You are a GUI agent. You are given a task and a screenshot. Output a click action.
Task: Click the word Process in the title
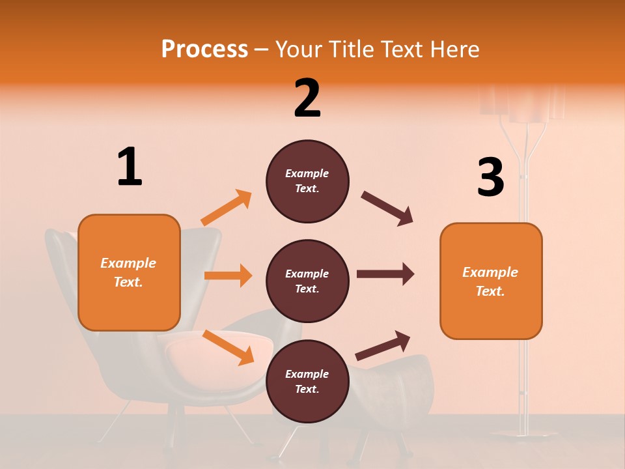pyautogui.click(x=204, y=50)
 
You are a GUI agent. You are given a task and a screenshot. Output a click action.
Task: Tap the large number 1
pyautogui.click(x=130, y=167)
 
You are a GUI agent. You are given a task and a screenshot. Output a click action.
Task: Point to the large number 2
pyautogui.click(x=307, y=98)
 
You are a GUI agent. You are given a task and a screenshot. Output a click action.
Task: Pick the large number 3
pyautogui.click(x=490, y=178)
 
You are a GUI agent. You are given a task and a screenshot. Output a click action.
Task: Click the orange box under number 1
pyautogui.click(x=129, y=272)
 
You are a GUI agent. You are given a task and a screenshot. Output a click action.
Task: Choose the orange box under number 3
pyautogui.click(x=491, y=281)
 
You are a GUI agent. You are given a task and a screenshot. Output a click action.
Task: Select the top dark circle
pyautogui.click(x=307, y=181)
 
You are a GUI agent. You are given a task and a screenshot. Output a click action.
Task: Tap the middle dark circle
pyautogui.click(x=307, y=281)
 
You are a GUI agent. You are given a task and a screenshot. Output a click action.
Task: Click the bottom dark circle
pyautogui.click(x=307, y=382)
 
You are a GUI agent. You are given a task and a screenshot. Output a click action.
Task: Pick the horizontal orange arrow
pyautogui.click(x=228, y=276)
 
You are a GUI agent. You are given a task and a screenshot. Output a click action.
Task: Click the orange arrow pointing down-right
pyautogui.click(x=228, y=347)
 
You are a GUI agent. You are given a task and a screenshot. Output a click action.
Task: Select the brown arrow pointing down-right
pyautogui.click(x=387, y=208)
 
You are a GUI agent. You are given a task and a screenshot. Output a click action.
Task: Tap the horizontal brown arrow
pyautogui.click(x=385, y=274)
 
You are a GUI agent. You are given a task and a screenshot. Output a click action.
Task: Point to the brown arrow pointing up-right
pyautogui.click(x=383, y=346)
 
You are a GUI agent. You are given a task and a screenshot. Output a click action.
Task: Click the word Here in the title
pyautogui.click(x=454, y=50)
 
